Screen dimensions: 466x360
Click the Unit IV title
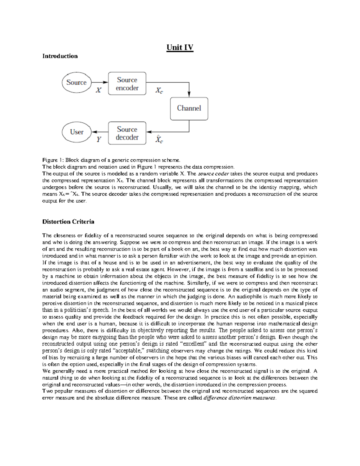(180, 48)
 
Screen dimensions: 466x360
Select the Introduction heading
(60, 56)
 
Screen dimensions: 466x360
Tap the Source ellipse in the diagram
(76, 83)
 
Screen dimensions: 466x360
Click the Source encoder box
(127, 84)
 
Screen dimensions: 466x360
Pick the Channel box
(189, 108)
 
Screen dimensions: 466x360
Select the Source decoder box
(127, 133)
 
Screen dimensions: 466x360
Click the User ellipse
(76, 132)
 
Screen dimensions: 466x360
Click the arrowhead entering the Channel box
(189, 94)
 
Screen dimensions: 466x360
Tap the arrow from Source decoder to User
(100, 132)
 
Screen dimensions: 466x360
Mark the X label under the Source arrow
(98, 90)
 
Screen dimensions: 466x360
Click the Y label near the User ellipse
(99, 140)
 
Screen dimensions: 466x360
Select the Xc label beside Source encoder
(159, 90)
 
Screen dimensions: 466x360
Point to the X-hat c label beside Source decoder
(159, 140)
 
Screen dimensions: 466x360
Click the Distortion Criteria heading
(68, 222)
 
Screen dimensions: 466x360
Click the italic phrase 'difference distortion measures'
(239, 398)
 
